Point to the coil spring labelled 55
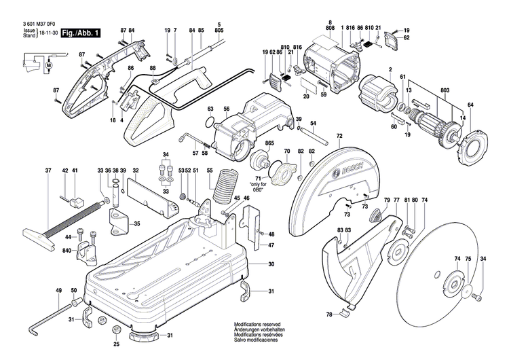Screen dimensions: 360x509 [224, 185]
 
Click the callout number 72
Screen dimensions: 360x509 [339, 137]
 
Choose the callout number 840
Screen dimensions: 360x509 [68, 251]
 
